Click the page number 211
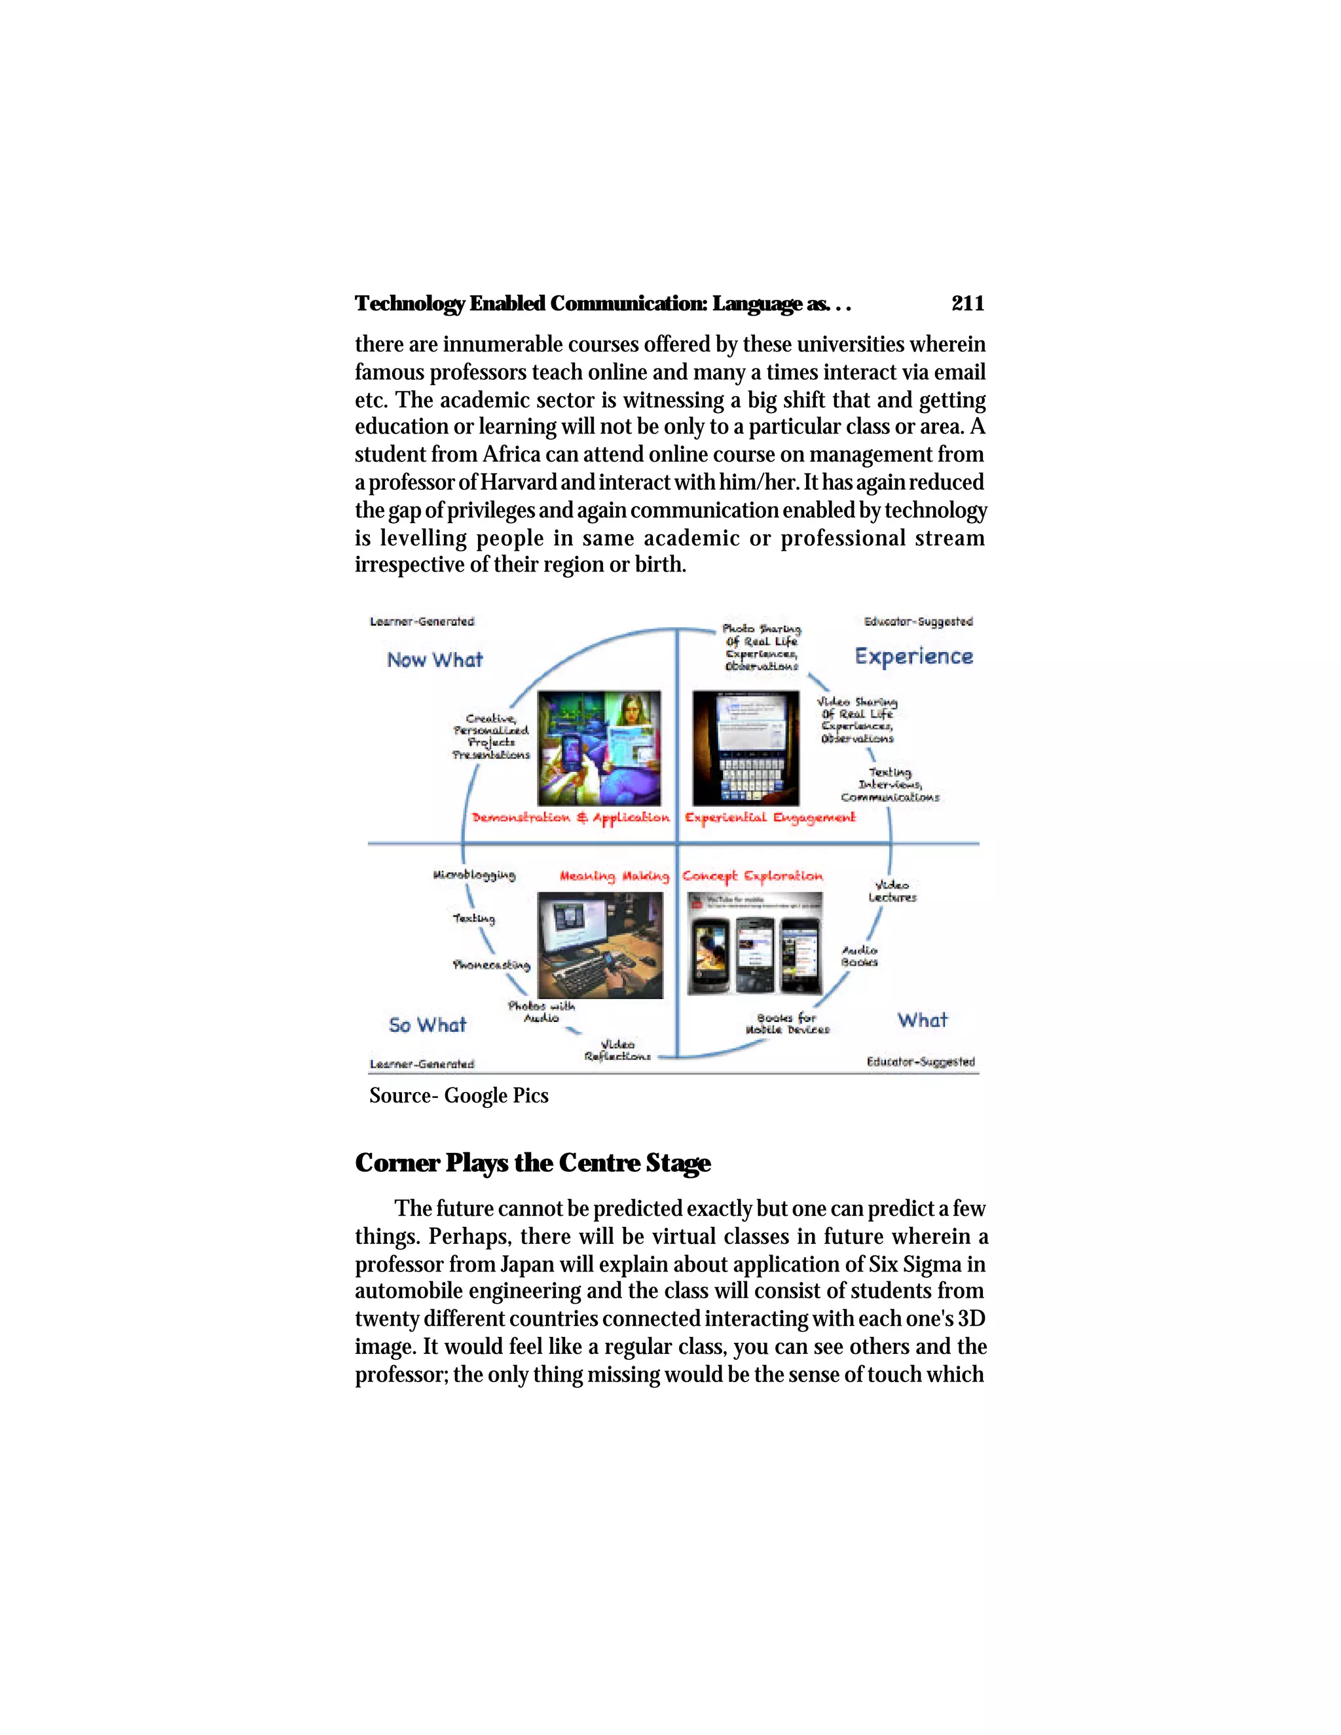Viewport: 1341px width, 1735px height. coord(967,304)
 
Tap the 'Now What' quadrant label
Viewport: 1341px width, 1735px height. coord(435,660)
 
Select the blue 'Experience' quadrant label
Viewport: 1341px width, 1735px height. coord(913,656)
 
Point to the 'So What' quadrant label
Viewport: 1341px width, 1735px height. coord(428,1025)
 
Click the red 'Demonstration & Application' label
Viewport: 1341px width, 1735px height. coord(570,818)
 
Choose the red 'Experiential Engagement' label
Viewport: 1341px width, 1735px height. coord(770,818)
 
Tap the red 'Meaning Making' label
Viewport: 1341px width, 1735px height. coord(614,875)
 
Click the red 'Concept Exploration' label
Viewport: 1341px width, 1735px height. coord(752,875)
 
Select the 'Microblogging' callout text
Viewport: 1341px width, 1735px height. coord(474,875)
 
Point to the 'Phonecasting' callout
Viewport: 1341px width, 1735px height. coord(491,964)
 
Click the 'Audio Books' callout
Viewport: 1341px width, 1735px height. coord(860,956)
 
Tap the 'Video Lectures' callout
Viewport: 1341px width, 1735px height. coord(892,890)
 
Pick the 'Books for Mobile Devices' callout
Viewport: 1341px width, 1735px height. coord(786,1023)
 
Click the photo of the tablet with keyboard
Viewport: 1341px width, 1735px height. coord(745,748)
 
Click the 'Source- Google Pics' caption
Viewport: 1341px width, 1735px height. coord(458,1095)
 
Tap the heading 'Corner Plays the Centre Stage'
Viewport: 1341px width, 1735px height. coord(532,1163)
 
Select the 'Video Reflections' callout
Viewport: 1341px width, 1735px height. coord(617,1050)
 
